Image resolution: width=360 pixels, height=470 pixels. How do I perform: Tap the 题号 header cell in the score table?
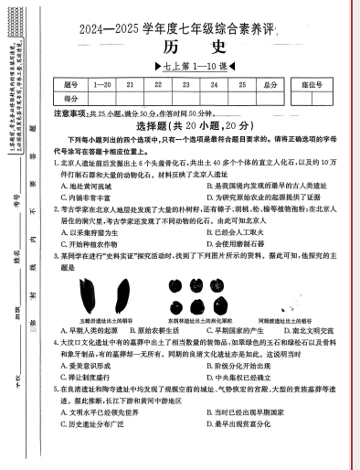[x=71, y=85]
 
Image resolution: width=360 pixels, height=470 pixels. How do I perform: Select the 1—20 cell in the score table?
[x=102, y=85]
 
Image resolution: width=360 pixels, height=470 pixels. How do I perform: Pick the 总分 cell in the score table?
[x=270, y=85]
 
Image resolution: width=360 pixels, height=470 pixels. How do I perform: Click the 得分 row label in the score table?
[x=71, y=98]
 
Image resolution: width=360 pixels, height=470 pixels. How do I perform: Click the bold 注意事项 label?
[x=70, y=112]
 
